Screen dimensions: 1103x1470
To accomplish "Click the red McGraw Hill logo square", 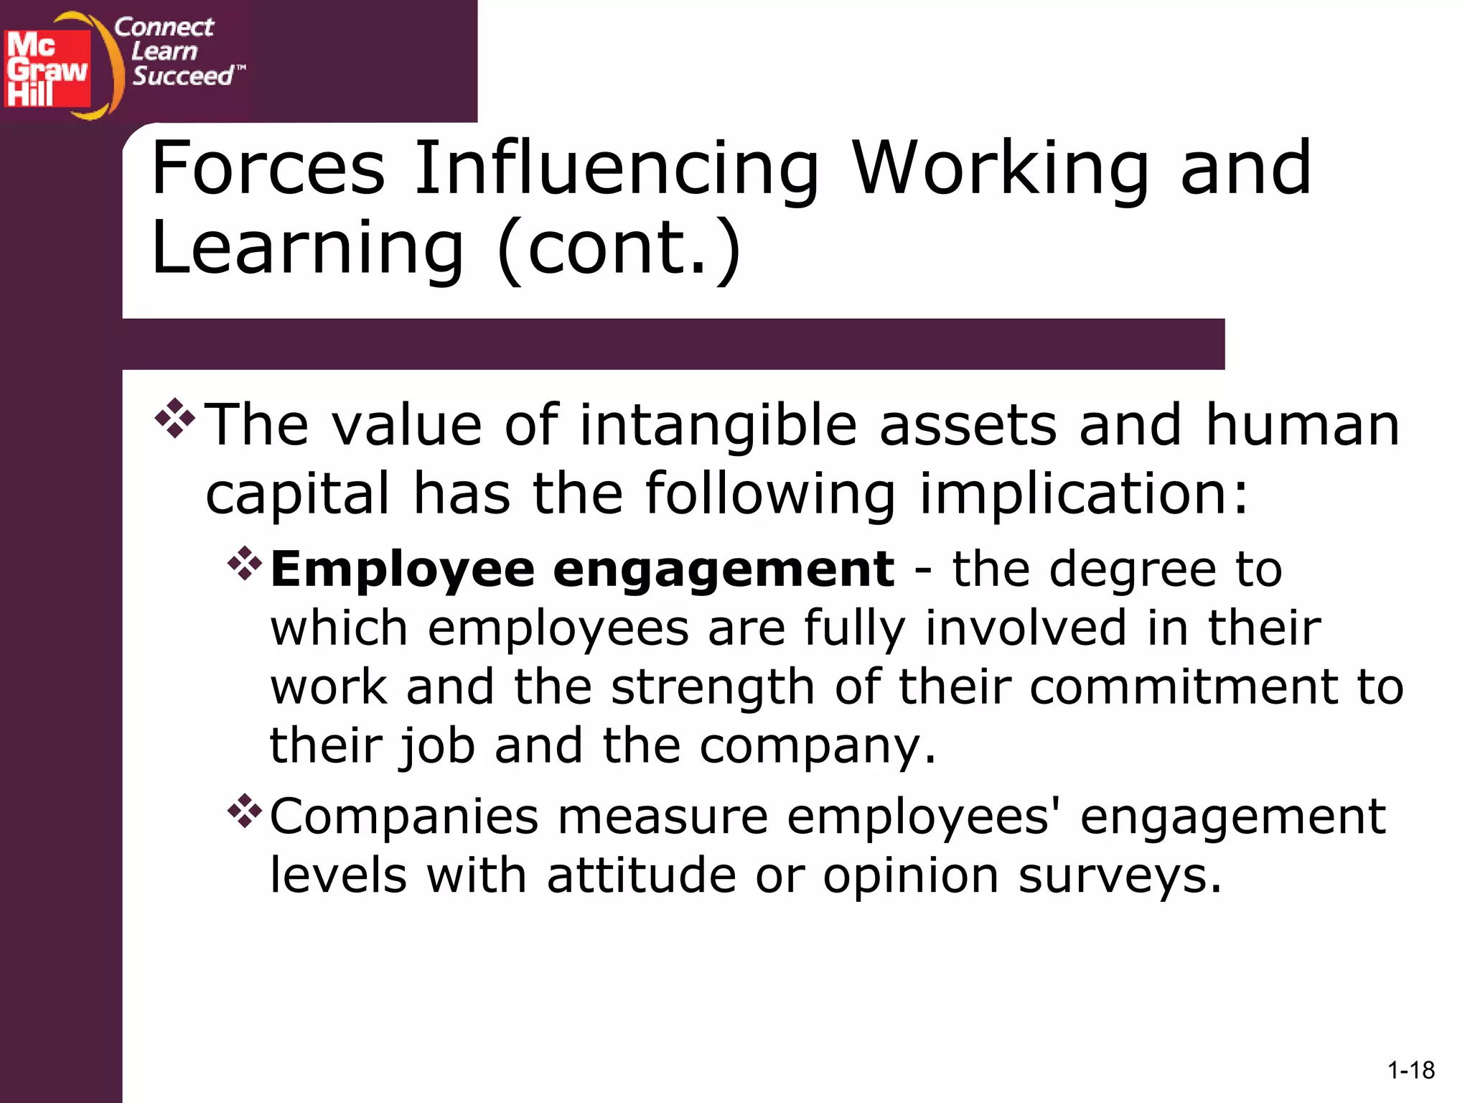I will point(47,69).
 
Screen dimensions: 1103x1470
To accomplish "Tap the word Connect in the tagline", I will point(164,27).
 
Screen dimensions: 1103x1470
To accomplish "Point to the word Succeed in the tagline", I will point(183,75).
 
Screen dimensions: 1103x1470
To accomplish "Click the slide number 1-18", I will point(1410,1071).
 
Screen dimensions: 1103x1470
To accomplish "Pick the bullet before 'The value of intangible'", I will point(174,419).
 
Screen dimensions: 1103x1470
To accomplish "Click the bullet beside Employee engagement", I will point(245,564).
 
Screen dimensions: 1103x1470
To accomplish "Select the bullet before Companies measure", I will point(245,811).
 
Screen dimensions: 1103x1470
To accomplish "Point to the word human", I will point(1302,425).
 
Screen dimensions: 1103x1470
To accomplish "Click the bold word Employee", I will point(403,570).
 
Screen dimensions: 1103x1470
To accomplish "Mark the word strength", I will point(712,688).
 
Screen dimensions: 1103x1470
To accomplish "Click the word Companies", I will point(404,817).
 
